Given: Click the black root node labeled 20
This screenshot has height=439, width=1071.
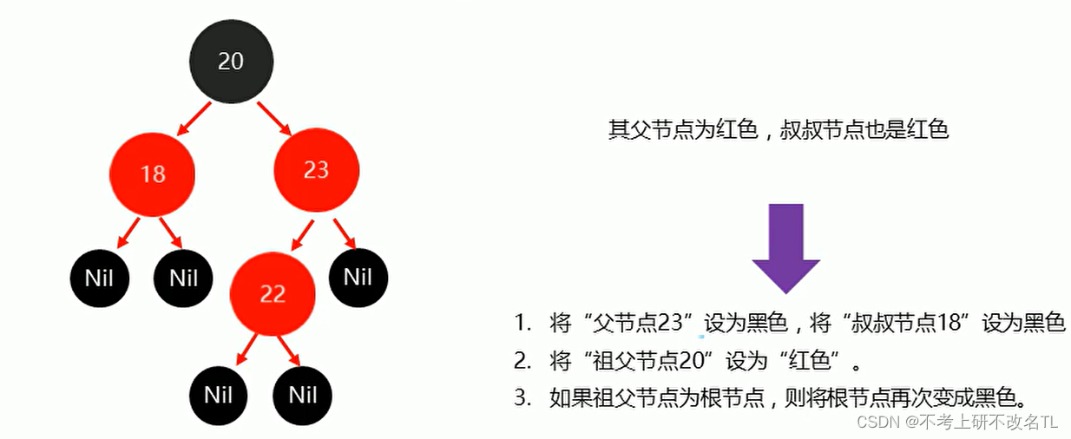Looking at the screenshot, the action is [x=231, y=62].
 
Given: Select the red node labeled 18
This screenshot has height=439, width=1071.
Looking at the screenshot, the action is [x=152, y=174].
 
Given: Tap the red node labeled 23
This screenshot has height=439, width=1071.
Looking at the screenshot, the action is [x=316, y=169].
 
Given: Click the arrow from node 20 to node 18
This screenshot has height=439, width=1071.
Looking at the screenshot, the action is [x=194, y=119].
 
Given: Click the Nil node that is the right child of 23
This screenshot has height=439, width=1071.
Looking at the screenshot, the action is [x=358, y=278].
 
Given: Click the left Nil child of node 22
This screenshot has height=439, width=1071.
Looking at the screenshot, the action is [x=219, y=396].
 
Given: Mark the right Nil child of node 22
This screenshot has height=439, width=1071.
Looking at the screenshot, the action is [x=302, y=396].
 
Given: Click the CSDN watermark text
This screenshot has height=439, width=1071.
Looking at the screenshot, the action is [x=876, y=423].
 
